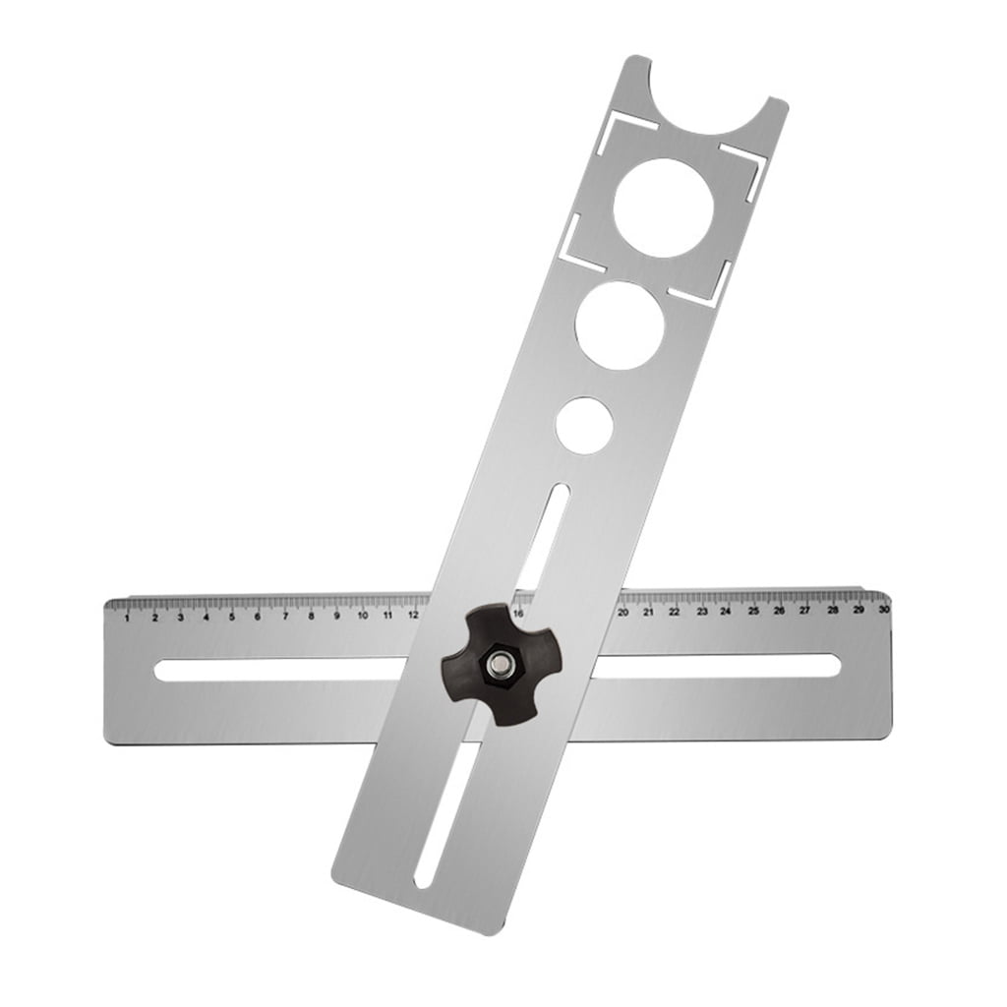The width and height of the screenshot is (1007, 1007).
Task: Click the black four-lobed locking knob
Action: [x=501, y=665]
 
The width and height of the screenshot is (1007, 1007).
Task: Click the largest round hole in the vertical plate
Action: [x=663, y=207]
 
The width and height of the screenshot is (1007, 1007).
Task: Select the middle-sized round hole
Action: [x=620, y=326]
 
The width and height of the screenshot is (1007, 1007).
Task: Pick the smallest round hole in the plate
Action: [x=584, y=426]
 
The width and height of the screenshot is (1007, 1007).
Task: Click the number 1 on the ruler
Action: [x=127, y=618]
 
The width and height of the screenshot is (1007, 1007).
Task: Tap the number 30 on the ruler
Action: [x=884, y=610]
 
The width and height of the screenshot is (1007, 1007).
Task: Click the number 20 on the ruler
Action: [x=622, y=612]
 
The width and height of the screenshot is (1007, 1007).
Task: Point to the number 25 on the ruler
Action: [x=753, y=611]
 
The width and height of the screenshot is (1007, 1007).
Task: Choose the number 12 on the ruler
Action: [x=414, y=615]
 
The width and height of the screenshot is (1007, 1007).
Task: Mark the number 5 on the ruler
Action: [x=232, y=617]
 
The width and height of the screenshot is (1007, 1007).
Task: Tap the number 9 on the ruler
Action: [x=336, y=616]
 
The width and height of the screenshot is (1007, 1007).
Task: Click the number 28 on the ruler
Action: [x=833, y=610]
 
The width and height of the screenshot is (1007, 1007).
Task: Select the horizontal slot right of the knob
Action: [x=718, y=666]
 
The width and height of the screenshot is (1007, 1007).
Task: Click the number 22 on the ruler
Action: [x=675, y=612]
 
